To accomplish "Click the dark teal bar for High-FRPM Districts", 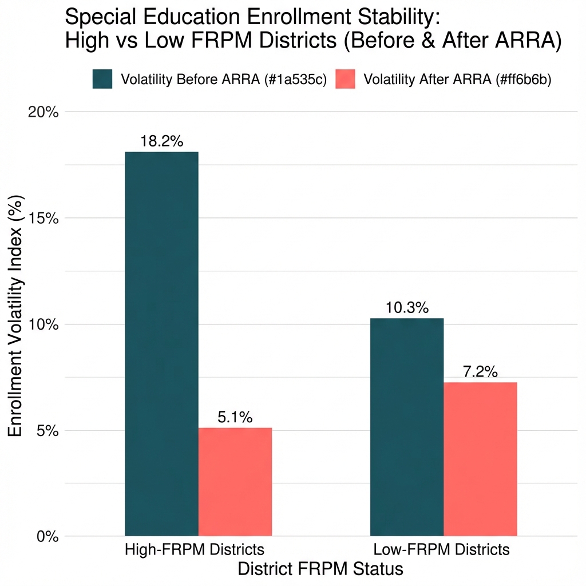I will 161,343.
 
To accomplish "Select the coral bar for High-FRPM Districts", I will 235,482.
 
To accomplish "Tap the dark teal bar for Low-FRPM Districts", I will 407,427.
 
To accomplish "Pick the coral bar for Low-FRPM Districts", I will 481,459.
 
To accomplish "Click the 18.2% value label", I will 161,141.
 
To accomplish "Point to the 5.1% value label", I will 235,418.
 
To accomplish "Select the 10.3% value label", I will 407,308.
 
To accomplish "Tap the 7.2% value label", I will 481,372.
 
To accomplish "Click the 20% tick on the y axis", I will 43,112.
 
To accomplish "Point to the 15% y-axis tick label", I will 43,218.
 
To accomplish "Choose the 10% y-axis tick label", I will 43,324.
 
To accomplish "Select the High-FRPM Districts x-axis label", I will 195,550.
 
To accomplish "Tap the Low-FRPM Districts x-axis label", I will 441,550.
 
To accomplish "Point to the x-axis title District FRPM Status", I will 320,569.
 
